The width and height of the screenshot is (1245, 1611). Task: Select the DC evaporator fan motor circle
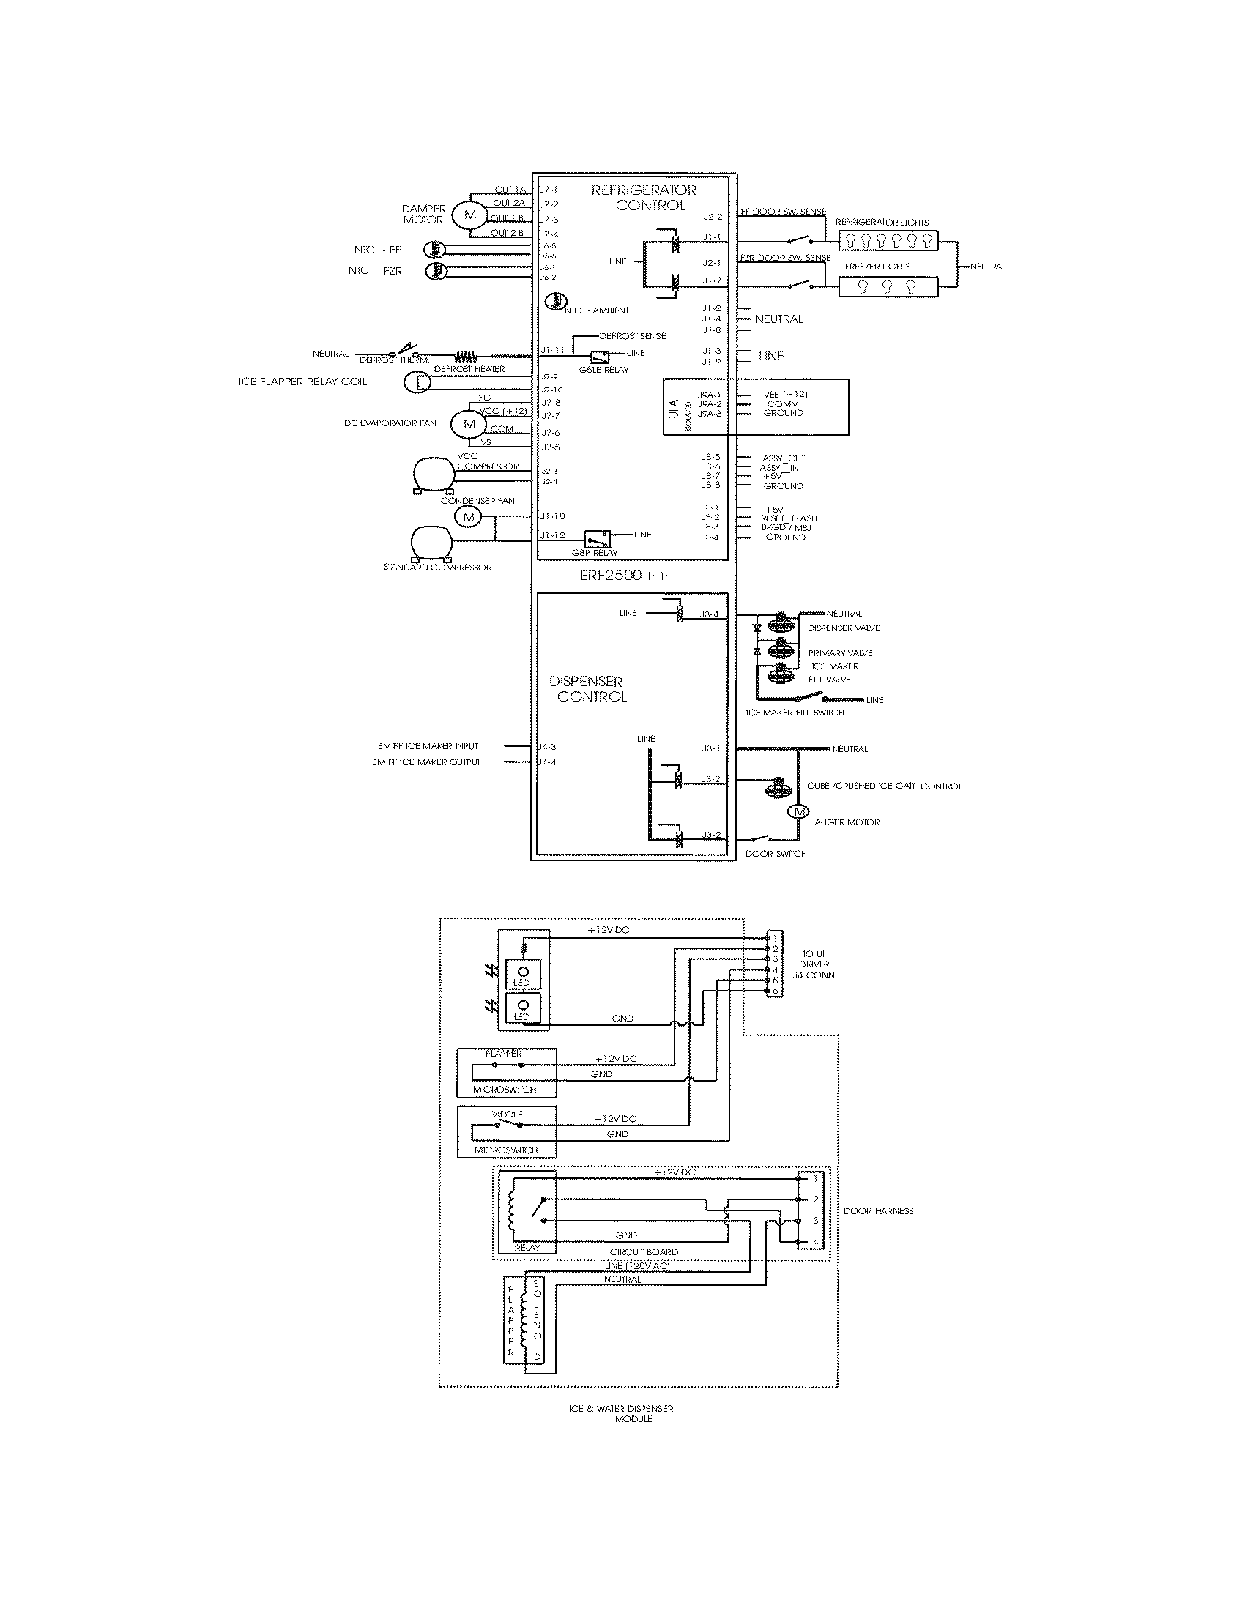[469, 424]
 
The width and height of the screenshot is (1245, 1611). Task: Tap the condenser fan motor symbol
[468, 517]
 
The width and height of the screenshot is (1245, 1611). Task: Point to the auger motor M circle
[798, 812]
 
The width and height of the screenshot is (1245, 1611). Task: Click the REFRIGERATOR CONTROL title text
[644, 198]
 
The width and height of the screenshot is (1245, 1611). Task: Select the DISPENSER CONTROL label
[588, 688]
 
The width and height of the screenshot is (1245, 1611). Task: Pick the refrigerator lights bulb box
[888, 239]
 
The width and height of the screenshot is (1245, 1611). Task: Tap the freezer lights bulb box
[888, 286]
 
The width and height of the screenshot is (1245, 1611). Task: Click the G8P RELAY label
[594, 552]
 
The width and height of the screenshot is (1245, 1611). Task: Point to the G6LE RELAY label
[604, 370]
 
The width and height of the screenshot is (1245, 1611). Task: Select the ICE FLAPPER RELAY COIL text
[302, 382]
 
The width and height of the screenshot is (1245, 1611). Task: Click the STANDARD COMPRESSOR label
[436, 568]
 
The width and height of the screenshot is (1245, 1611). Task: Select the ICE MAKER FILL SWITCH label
[795, 713]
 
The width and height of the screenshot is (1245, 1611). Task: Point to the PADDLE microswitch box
[507, 1131]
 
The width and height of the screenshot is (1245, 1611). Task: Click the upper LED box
[522, 974]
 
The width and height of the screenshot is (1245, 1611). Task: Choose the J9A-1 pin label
[709, 395]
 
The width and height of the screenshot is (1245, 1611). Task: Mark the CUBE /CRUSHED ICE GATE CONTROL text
[884, 786]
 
